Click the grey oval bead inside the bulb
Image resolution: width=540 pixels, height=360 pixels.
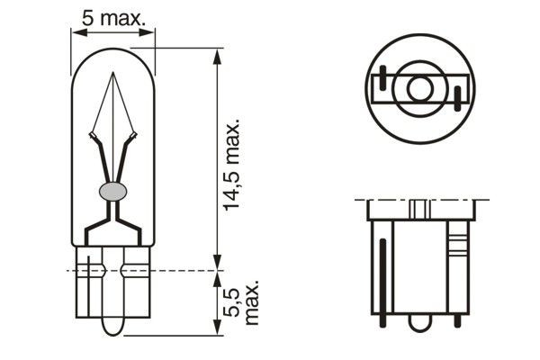coord(112,191)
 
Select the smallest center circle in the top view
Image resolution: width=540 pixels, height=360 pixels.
coord(418,89)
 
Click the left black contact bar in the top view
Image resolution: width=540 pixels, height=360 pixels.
coord(384,83)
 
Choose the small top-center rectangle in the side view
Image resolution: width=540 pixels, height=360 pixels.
coord(418,209)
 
